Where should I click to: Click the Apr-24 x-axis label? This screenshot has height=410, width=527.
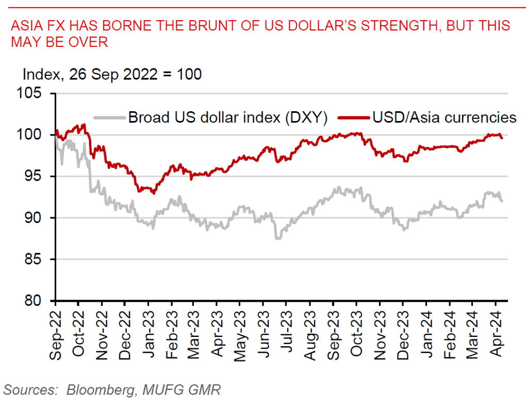[x=497, y=333]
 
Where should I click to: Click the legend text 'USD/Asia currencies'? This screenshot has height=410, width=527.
[x=443, y=117]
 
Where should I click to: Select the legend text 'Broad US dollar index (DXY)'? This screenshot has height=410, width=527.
[x=228, y=117]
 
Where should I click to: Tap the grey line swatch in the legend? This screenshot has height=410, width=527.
[x=109, y=117]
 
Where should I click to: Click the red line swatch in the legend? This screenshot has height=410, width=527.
[x=354, y=117]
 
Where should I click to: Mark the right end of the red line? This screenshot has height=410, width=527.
[x=502, y=138]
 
